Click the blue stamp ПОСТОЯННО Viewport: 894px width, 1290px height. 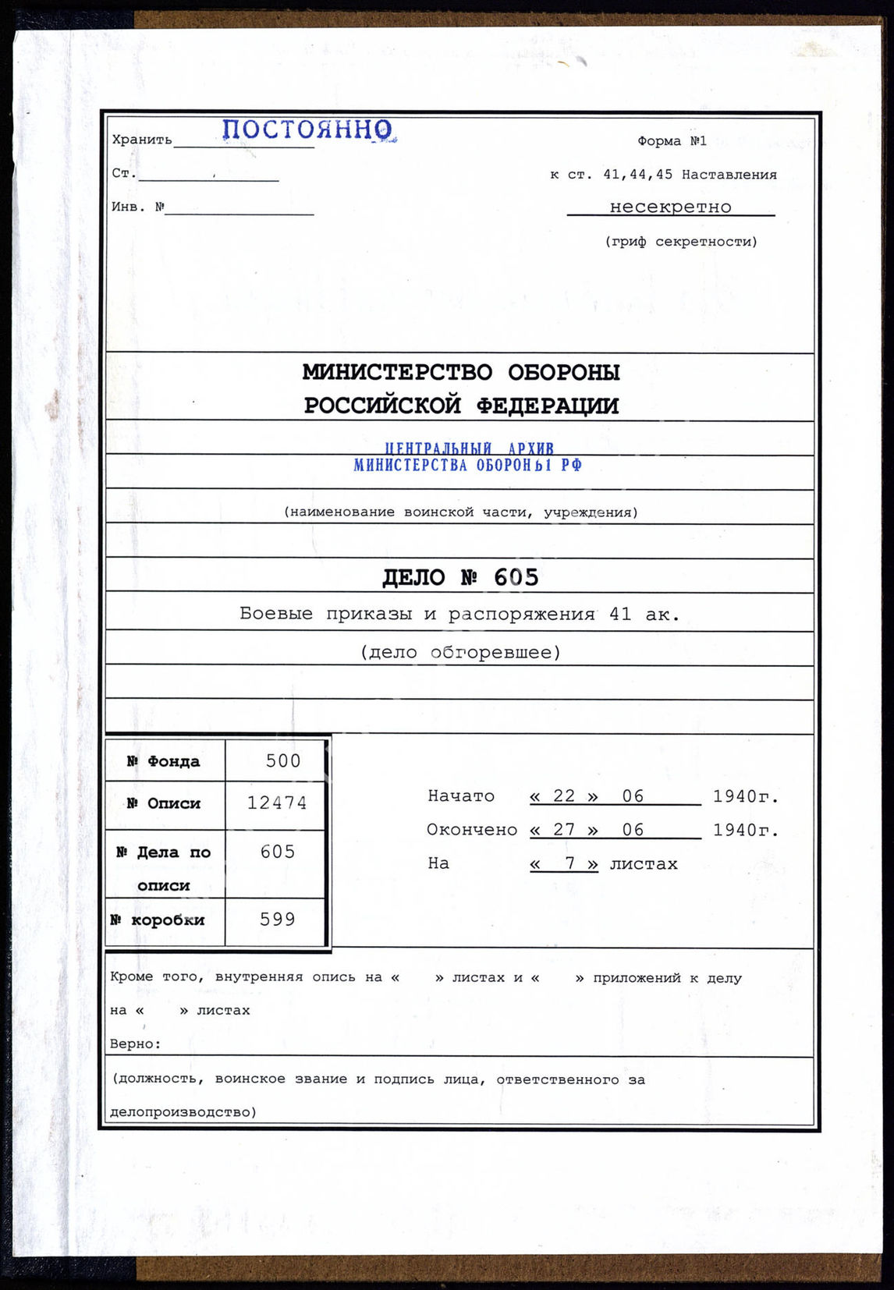307,129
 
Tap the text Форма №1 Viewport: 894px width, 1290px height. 672,141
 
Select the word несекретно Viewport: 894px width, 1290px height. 670,207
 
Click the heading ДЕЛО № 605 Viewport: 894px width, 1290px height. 460,577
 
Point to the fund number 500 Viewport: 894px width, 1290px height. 282,761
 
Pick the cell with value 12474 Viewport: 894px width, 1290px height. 277,803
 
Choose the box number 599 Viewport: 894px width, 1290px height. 278,920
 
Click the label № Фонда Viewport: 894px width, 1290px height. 164,761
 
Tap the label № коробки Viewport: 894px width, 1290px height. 158,920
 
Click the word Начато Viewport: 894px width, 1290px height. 460,796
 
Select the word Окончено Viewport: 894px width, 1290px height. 471,830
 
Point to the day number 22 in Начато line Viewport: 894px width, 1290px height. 564,796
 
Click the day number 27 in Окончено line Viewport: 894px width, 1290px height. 564,830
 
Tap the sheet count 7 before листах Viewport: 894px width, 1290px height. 569,863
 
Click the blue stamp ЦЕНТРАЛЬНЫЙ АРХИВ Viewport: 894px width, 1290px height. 469,448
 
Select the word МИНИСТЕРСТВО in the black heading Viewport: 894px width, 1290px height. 397,373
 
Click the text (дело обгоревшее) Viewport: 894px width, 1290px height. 460,652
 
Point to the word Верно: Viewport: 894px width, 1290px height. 136,1044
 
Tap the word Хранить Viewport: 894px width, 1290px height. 142,140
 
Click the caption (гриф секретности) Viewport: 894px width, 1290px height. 680,242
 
